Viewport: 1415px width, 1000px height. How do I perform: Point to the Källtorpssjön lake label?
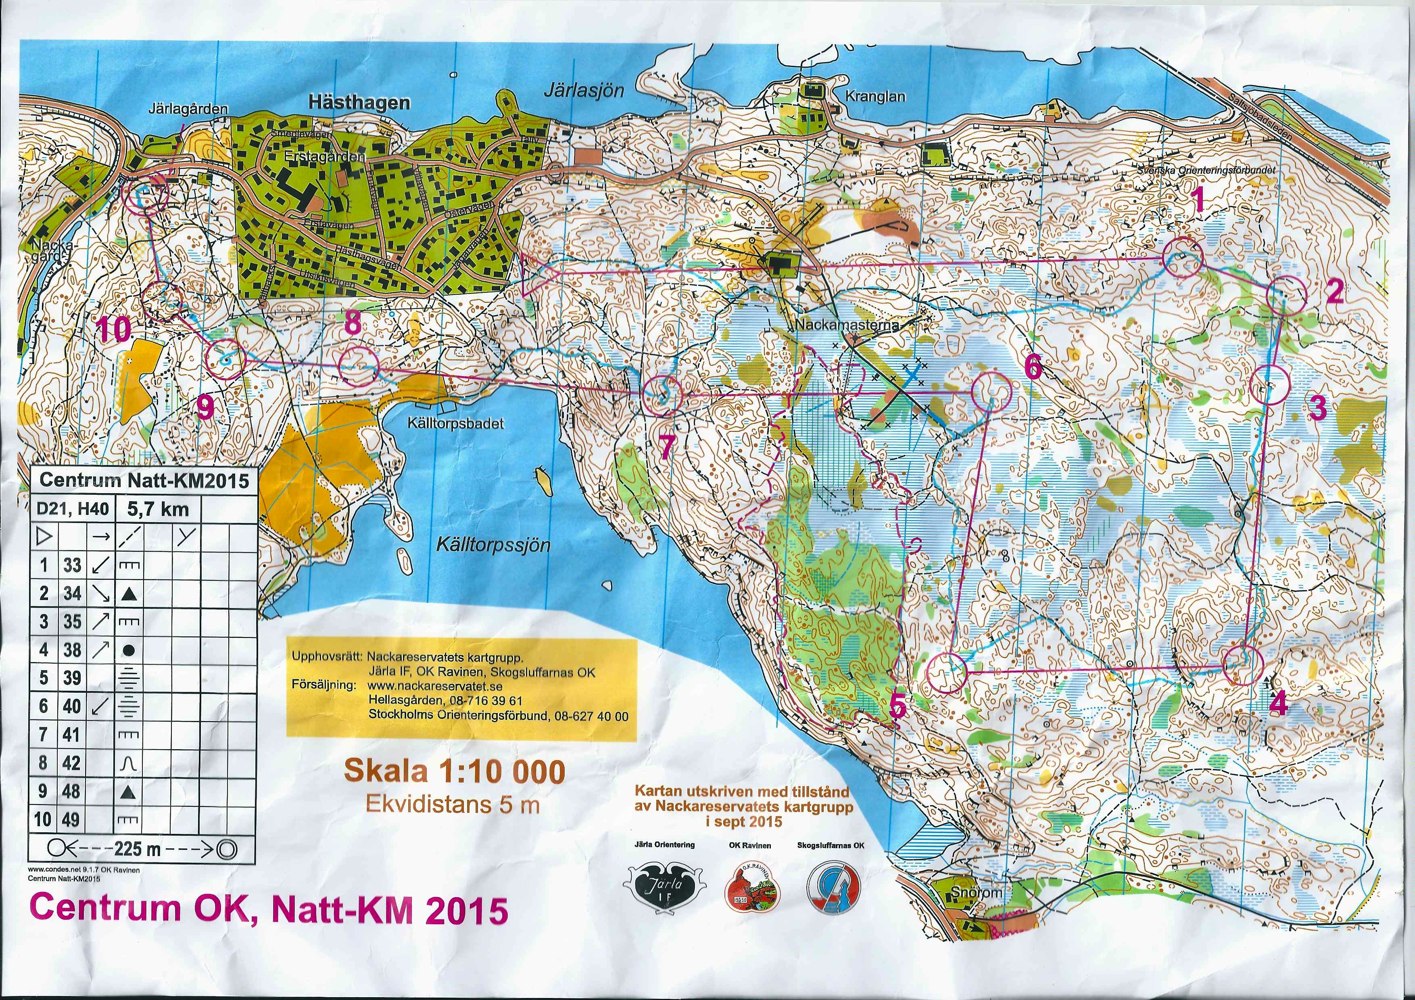pos(493,545)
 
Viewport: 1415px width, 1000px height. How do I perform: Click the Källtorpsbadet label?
pos(455,424)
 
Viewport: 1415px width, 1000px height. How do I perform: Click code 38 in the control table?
pos(72,650)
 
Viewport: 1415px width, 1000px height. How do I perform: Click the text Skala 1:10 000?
pos(454,772)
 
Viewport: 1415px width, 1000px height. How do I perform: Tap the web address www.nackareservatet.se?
pos(434,686)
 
